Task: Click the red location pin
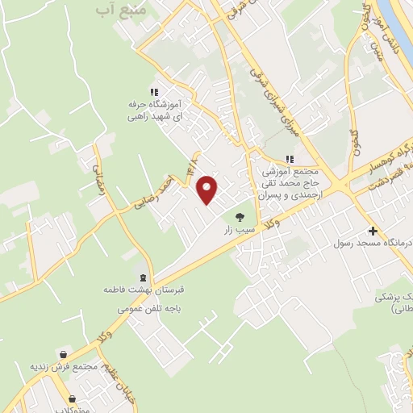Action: [x=208, y=190]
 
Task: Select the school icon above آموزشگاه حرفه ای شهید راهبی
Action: [x=154, y=92]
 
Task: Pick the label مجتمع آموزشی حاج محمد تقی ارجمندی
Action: [x=290, y=184]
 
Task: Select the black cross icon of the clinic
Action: [x=373, y=231]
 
